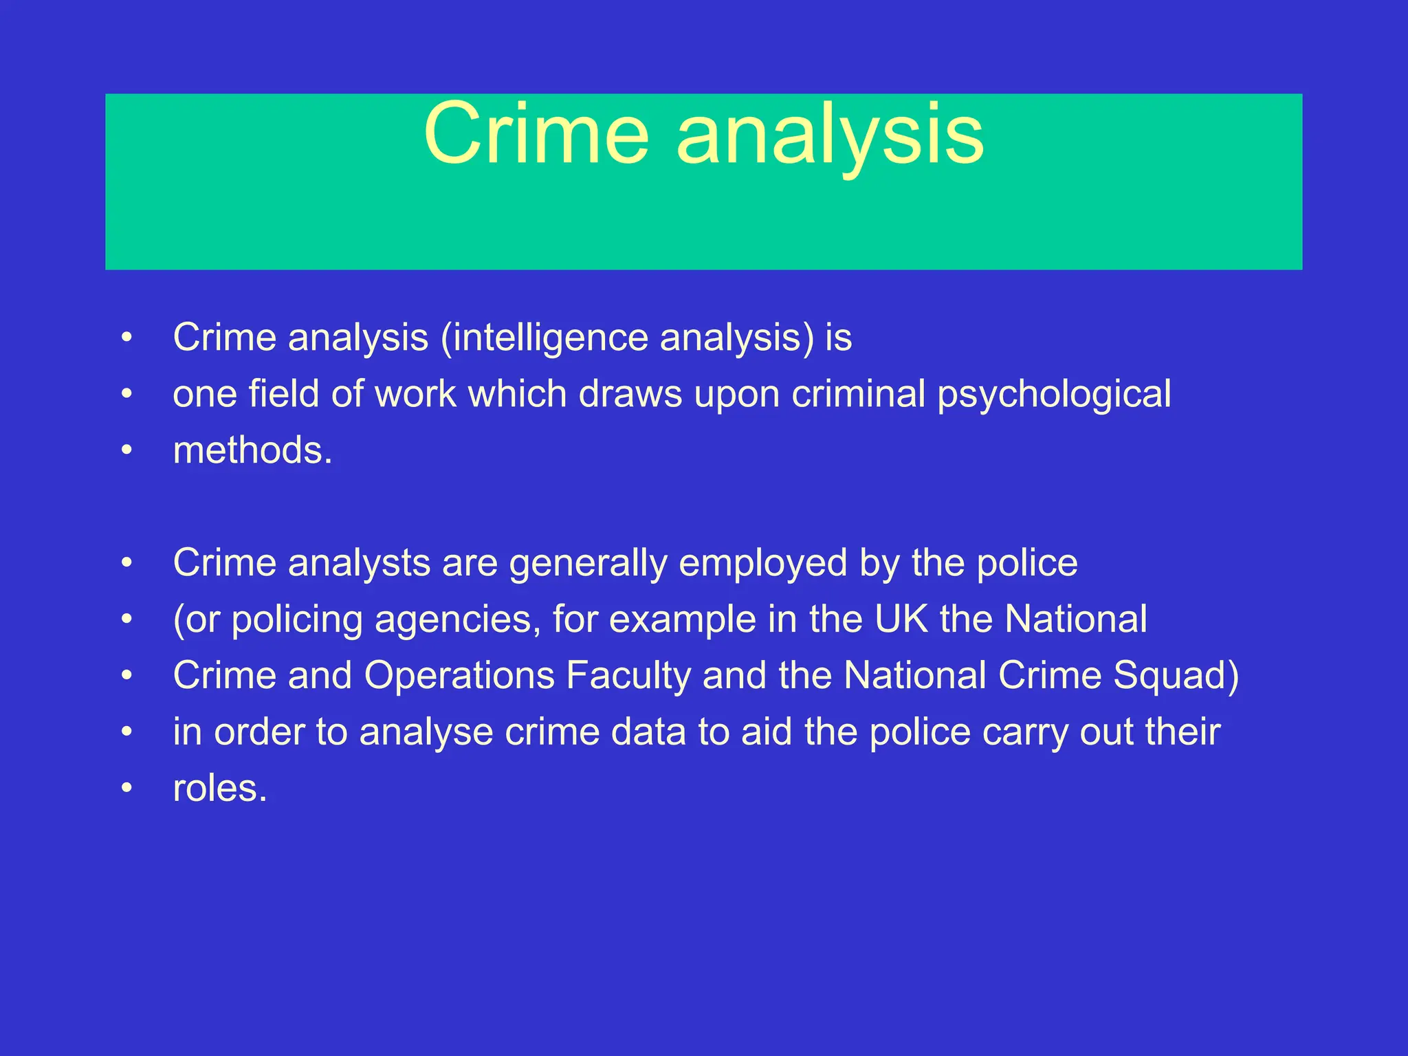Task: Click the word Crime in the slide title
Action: pos(536,134)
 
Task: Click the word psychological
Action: pos(1054,395)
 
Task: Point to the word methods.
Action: pos(252,451)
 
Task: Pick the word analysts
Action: pos(359,564)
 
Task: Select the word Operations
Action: pos(459,676)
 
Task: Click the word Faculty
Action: pos(628,676)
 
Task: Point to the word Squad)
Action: pos(1176,676)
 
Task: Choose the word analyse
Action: pos(426,732)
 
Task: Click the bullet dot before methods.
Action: pos(126,450)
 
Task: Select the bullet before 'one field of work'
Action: pos(126,394)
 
